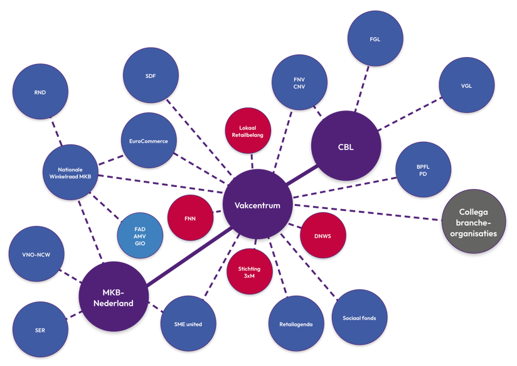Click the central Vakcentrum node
click(x=257, y=205)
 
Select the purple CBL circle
click(x=346, y=147)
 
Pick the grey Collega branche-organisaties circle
click(x=474, y=221)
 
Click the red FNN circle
click(x=191, y=218)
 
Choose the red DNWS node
click(x=324, y=235)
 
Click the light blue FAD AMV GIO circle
click(x=140, y=234)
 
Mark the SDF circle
click(x=150, y=75)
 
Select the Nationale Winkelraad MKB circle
click(x=74, y=172)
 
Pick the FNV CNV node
click(x=299, y=83)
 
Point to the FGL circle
click(x=375, y=39)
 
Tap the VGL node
click(x=466, y=86)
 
